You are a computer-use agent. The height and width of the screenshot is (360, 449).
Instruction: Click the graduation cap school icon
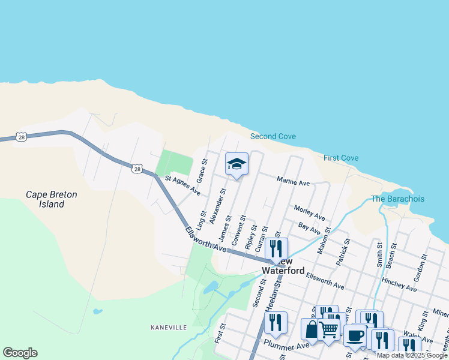click(x=237, y=164)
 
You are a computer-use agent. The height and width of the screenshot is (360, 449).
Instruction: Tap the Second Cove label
click(x=273, y=136)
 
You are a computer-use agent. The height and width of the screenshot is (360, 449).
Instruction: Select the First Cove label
click(x=341, y=158)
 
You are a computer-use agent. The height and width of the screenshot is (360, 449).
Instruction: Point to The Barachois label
click(x=397, y=199)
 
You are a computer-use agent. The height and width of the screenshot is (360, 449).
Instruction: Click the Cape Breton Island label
click(x=45, y=199)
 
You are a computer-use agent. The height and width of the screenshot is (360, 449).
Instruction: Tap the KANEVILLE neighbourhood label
click(x=169, y=328)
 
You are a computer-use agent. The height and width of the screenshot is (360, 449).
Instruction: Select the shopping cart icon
click(x=328, y=329)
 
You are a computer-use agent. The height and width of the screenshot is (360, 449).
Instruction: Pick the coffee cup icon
click(x=355, y=335)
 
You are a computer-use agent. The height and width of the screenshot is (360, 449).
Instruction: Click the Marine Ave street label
click(x=293, y=181)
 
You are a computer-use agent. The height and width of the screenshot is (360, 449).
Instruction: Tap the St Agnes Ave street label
click(x=182, y=185)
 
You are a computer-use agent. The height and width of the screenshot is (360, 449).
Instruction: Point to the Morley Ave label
click(x=309, y=212)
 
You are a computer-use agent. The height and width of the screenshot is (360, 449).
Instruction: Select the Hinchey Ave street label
click(x=399, y=284)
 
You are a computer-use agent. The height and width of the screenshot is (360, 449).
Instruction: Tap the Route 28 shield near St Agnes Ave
click(x=137, y=168)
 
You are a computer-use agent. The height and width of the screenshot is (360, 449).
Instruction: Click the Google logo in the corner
click(x=20, y=353)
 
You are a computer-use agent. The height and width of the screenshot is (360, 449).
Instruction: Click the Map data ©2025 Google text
click(x=412, y=355)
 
